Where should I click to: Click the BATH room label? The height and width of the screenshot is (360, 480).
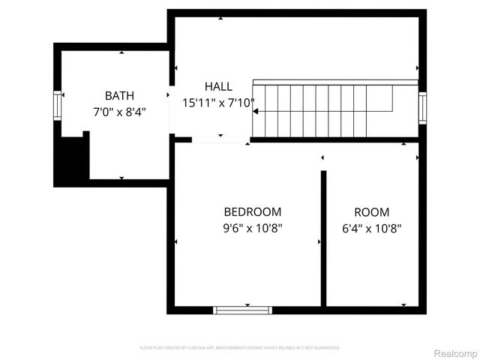120,95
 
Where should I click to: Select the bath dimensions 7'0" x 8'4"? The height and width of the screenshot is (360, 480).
120,112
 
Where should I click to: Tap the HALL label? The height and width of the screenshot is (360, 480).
218,87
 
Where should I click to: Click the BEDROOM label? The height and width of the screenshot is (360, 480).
253,212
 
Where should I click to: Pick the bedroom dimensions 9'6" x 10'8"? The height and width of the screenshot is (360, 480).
253,228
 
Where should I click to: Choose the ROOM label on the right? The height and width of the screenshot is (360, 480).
372,212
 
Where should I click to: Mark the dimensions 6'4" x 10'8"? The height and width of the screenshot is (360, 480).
372,228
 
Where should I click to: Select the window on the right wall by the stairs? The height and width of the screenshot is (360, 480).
422,106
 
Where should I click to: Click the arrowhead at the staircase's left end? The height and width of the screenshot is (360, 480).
256,112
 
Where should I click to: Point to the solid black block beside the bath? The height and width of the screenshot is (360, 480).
71,162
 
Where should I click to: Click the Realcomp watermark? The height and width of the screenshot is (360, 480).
456,352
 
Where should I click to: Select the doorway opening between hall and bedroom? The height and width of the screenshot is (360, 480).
220,139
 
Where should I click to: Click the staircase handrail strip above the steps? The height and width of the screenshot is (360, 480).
335,82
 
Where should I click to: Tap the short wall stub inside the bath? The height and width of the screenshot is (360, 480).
86,154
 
